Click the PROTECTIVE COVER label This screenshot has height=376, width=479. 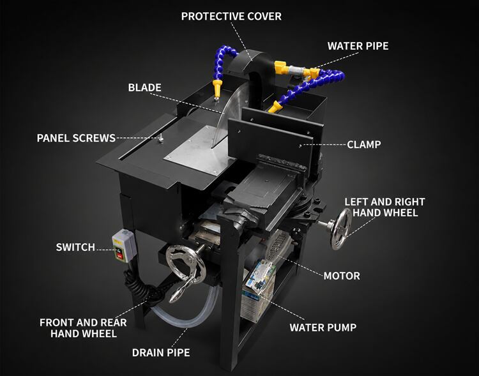point(231,16)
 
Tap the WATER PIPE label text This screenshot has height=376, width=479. point(358,46)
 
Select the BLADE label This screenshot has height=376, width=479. point(144,87)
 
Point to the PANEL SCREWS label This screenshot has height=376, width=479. point(76,138)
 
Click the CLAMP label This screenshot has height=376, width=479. point(364,144)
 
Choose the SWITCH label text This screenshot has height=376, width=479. point(75,247)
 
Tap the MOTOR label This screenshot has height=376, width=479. point(342,276)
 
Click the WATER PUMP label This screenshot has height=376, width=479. point(323,327)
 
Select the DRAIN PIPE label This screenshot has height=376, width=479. point(161,353)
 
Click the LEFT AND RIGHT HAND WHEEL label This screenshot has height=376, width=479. point(384,207)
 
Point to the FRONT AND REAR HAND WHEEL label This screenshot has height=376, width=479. point(83,328)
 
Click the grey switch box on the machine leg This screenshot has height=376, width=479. point(124,246)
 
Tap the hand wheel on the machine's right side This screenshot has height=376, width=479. point(340,229)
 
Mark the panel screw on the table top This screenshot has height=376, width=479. point(161,138)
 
